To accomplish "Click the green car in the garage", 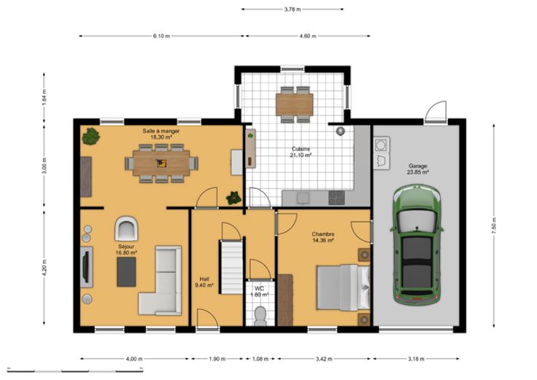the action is point(417,244).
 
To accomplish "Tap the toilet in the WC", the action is point(260,317).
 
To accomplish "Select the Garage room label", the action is point(418,169).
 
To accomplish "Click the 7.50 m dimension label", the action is point(493,226).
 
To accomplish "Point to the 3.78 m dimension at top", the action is point(293,9).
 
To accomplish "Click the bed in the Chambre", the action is point(343,287).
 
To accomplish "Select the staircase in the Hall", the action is point(232,267).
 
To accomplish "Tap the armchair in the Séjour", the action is point(126,228).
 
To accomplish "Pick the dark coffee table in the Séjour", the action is point(126,272).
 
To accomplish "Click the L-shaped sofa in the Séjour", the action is point(161,280).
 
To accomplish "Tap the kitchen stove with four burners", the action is point(336,198).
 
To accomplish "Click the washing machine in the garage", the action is point(381,145).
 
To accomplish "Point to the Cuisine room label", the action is point(301,152).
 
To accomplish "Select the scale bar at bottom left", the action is point(75,370).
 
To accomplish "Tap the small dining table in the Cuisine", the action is point(294,104).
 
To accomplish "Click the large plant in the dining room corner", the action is point(90,136).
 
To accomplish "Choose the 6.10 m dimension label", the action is point(161,36).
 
